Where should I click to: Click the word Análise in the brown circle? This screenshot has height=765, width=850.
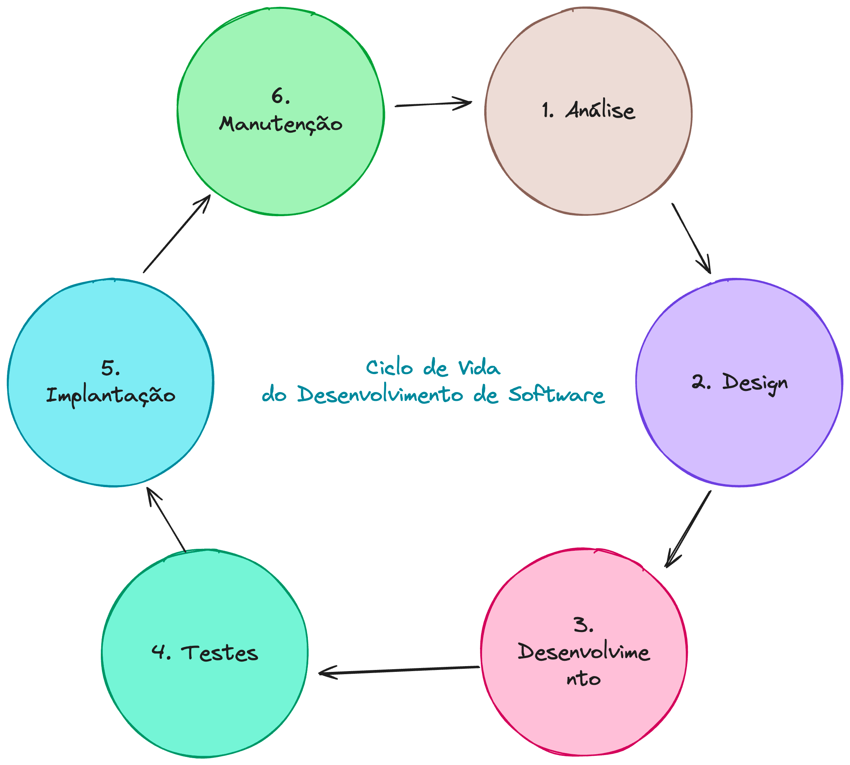click(600, 110)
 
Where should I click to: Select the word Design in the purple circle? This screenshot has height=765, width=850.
click(755, 383)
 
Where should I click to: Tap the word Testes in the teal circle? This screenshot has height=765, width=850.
click(219, 653)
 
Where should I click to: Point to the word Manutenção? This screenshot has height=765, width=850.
click(280, 125)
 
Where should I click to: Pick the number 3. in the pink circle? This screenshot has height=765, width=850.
click(584, 625)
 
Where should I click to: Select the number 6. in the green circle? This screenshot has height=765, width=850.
click(280, 96)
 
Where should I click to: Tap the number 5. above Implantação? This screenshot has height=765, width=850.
click(110, 368)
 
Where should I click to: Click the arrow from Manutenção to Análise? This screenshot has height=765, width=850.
click(433, 104)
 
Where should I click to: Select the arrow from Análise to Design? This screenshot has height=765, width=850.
click(691, 238)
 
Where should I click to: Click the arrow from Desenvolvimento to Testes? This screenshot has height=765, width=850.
click(400, 670)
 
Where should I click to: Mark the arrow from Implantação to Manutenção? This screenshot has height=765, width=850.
click(177, 234)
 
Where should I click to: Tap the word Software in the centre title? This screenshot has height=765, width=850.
click(556, 395)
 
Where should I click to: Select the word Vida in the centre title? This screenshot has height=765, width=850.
click(479, 368)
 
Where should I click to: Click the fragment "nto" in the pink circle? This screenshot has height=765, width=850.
click(584, 679)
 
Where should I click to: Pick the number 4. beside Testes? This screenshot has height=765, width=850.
click(161, 652)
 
